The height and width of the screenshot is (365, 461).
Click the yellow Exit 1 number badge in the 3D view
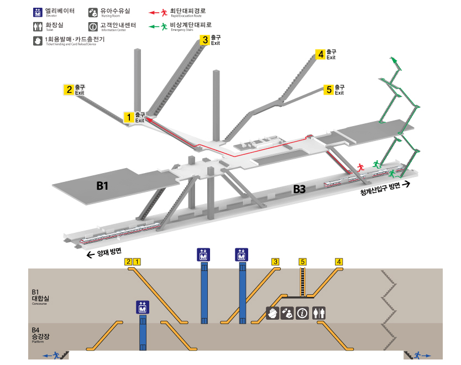pyautogui.click(x=128, y=117)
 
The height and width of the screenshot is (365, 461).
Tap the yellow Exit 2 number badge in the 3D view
pyautogui.click(x=69, y=90)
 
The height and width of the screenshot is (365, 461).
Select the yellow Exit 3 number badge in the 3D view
pyautogui.click(x=205, y=40)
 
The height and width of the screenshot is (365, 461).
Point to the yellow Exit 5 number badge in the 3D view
pyautogui.click(x=329, y=90)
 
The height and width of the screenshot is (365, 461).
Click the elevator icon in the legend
pyautogui.click(x=38, y=12)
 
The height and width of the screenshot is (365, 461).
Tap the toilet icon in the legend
pyautogui.click(x=38, y=26)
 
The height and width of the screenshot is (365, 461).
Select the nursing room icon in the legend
pyautogui.click(x=93, y=12)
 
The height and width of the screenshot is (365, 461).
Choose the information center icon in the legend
pyautogui.click(x=93, y=26)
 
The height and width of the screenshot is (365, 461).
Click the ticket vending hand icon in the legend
pyautogui.click(x=38, y=40)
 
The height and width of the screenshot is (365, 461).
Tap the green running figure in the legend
pyautogui.click(x=164, y=25)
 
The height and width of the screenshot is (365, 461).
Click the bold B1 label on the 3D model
pyautogui.click(x=102, y=186)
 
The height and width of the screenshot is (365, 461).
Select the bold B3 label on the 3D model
pyautogui.click(x=299, y=189)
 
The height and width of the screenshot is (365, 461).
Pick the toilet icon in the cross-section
pyautogui.click(x=319, y=313)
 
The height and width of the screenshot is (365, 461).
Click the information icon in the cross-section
pyautogui.click(x=302, y=313)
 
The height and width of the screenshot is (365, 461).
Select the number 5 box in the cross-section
pyautogui.click(x=302, y=262)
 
